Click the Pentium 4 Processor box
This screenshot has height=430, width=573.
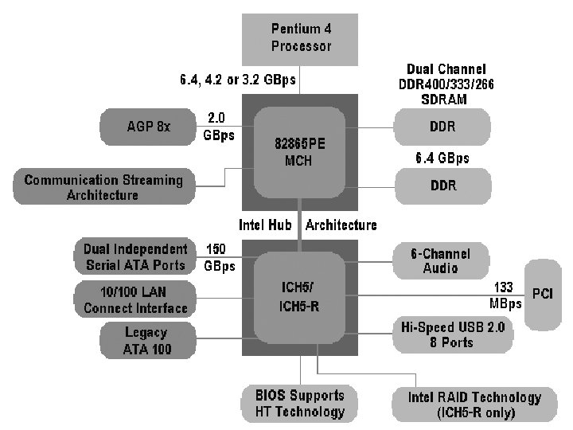click(301, 37)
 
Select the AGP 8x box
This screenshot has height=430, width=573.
click(149, 126)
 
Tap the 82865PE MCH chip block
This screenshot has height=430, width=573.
click(299, 151)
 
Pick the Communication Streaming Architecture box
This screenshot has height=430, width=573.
click(103, 187)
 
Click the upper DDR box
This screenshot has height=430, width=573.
click(442, 126)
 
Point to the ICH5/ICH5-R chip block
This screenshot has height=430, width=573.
click(299, 295)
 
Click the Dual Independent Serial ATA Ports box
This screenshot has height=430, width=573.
click(134, 257)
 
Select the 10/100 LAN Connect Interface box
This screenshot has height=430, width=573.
click(135, 300)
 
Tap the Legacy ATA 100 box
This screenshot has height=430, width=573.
click(147, 340)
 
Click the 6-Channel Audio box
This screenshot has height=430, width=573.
click(440, 260)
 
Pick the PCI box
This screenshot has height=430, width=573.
click(542, 294)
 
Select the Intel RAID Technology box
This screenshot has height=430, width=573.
click(475, 405)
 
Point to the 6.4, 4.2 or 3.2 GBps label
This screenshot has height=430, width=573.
click(239, 80)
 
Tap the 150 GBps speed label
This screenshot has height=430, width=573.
click(218, 257)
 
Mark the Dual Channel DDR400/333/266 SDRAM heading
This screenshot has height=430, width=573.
click(446, 84)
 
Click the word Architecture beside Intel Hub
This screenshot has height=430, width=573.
click(341, 225)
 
